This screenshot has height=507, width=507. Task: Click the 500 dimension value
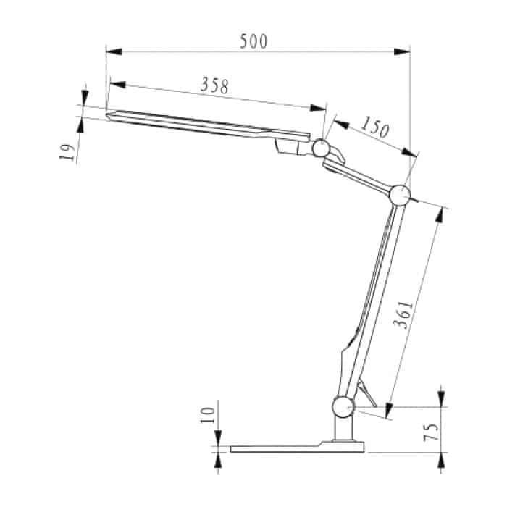(253, 41)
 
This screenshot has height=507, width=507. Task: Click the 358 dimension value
(214, 85)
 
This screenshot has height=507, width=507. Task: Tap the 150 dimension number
(374, 128)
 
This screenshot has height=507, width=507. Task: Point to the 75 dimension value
(430, 432)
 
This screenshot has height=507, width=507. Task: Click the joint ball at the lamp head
(319, 148)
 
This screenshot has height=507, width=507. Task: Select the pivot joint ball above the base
(343, 407)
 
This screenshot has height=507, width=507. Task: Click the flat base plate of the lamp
(290, 448)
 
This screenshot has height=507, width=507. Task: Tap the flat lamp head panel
(203, 125)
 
